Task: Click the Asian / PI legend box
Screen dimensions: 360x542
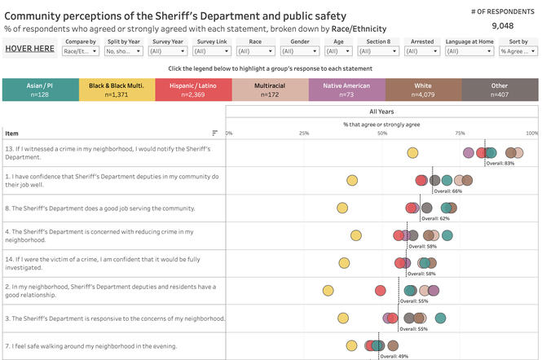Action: coord(40,90)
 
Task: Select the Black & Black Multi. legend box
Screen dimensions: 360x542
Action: coord(117,90)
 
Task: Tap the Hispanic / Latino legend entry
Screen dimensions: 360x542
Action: coord(193,90)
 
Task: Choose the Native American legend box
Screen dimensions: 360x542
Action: coord(346,90)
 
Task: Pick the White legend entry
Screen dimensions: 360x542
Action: coord(423,90)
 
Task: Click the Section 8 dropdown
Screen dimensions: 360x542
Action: coord(378,50)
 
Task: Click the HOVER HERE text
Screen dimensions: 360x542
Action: coord(29,49)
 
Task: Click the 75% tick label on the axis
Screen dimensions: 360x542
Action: coord(460,133)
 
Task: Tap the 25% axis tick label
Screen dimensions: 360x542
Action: coord(304,133)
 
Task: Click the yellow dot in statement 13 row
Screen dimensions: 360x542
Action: coord(412,152)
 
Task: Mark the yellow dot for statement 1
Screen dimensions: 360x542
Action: coord(352,181)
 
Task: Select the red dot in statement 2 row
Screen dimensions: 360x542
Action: coord(381,291)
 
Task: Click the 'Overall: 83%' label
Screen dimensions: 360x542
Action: coord(500,163)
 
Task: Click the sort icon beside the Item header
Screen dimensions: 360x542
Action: coord(215,133)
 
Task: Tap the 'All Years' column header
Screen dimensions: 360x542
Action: coord(382,112)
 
